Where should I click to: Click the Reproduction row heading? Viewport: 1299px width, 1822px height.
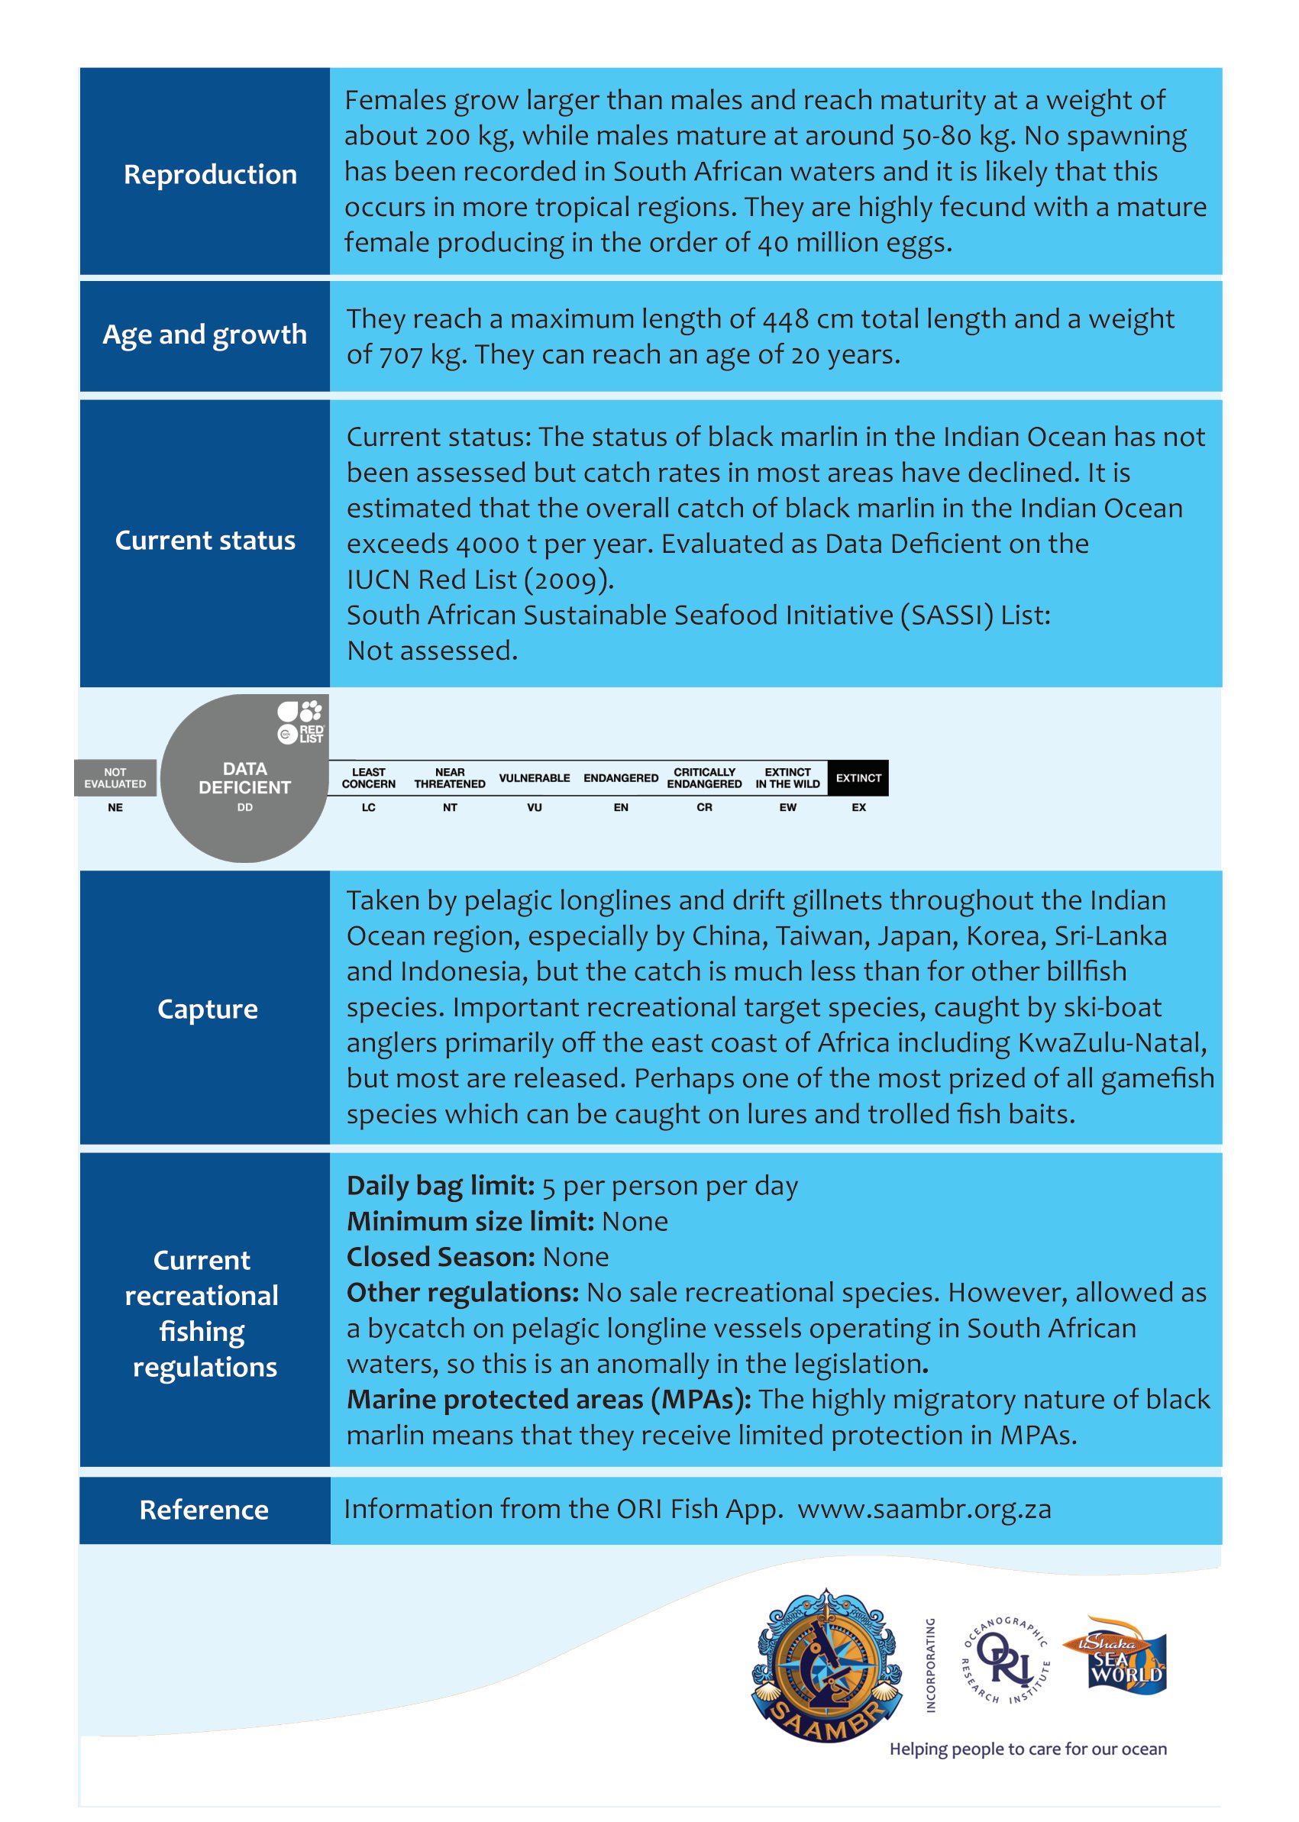click(209, 174)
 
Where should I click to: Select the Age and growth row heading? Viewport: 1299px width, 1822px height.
click(205, 334)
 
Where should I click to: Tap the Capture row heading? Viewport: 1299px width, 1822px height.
click(207, 1010)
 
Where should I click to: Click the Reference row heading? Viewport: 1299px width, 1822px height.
click(204, 1510)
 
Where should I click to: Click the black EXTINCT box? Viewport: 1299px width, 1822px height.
click(858, 777)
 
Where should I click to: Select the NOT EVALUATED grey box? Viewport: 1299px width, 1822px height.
click(115, 777)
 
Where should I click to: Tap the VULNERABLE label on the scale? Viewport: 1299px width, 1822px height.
click(535, 777)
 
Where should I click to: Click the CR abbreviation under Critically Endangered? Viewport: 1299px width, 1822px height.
click(704, 808)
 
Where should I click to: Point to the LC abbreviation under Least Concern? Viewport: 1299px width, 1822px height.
click(369, 808)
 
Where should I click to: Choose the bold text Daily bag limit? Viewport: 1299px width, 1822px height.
click(440, 1186)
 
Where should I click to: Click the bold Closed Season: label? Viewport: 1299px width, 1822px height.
click(440, 1258)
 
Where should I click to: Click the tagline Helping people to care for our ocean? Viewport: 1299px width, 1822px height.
click(1028, 1749)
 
